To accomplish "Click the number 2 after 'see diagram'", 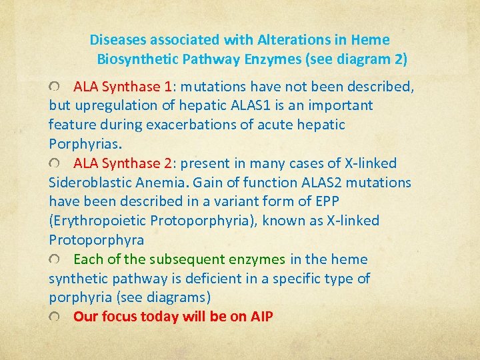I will pyautogui.click(x=399, y=59).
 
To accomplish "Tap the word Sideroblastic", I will pyautogui.click(x=89, y=183).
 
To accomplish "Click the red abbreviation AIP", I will pyautogui.click(x=261, y=317).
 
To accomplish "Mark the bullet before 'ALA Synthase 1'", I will pyautogui.click(x=54, y=87).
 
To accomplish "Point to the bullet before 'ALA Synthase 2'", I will pyautogui.click(x=54, y=164).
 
